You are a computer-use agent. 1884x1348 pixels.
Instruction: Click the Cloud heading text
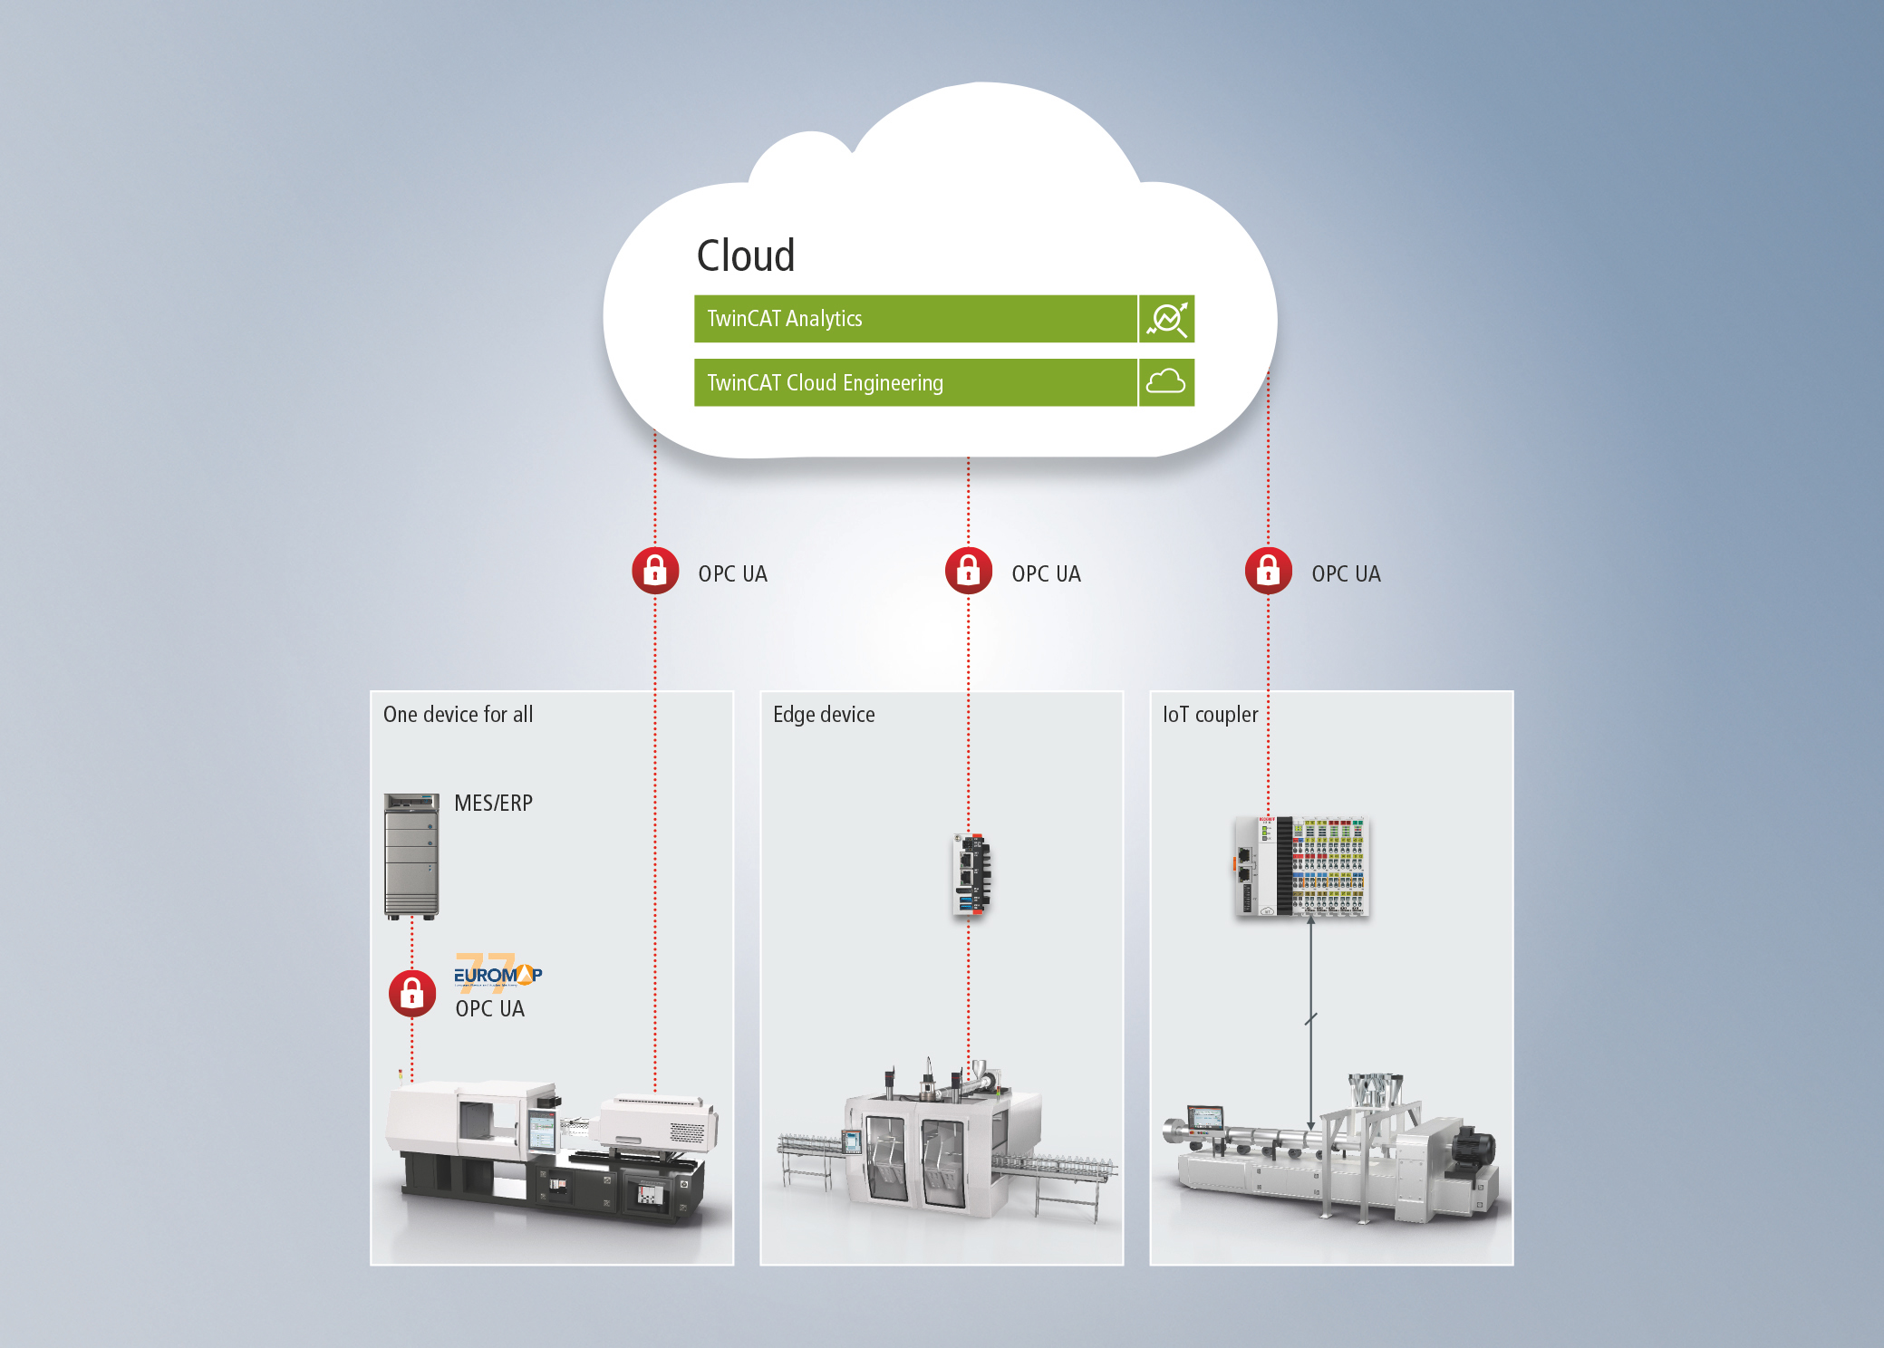[746, 255]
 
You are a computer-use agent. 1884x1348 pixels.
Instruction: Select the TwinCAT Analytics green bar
[915, 319]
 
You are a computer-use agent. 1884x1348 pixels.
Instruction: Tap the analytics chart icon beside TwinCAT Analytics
[1167, 319]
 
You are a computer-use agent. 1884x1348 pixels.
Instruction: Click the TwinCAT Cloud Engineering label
[825, 383]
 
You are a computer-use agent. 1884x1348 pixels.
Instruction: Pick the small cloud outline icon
[1166, 381]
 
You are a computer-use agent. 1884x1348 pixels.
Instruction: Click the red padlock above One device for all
[655, 571]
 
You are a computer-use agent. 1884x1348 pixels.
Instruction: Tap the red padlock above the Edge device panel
[969, 571]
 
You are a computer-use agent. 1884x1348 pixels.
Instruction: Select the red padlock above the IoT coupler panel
[1269, 571]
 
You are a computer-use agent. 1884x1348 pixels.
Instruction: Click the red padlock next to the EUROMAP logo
[412, 994]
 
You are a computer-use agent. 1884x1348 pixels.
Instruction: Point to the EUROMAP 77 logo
[498, 972]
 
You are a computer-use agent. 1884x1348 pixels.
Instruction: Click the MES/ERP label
[493, 804]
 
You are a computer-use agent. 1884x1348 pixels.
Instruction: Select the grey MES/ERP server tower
[411, 857]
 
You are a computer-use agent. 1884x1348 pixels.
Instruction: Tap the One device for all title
[458, 715]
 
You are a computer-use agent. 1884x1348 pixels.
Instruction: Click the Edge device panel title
[824, 715]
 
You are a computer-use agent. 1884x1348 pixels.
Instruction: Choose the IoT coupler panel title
[1210, 715]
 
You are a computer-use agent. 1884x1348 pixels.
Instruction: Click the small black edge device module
[971, 874]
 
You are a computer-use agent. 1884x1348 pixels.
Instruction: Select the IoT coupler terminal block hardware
[1300, 866]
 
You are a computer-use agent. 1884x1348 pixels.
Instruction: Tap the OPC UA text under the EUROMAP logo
[489, 1009]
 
